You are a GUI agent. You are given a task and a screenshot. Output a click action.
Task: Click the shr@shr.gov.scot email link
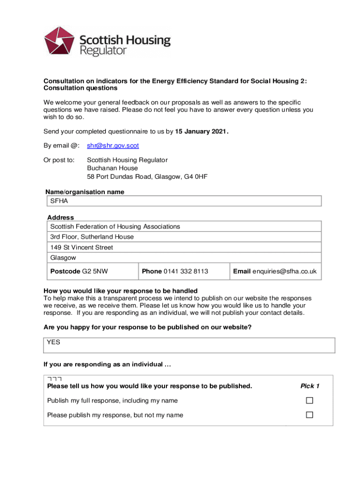pyautogui.click(x=113, y=145)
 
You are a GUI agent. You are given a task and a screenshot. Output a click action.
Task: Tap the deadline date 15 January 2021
pyautogui.click(x=202, y=131)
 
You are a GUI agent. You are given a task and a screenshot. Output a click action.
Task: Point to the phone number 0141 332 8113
pyautogui.click(x=186, y=271)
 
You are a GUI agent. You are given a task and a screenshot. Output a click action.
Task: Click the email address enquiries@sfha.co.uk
pyautogui.click(x=284, y=271)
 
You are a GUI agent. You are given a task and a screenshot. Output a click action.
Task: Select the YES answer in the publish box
pyautogui.click(x=53, y=342)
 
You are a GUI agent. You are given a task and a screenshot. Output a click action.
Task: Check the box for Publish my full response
pyautogui.click(x=309, y=400)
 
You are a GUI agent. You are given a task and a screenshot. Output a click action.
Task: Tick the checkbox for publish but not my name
pyautogui.click(x=309, y=415)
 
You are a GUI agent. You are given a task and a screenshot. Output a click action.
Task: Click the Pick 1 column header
pyautogui.click(x=310, y=386)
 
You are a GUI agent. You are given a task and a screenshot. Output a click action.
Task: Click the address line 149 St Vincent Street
pyautogui.click(x=81, y=247)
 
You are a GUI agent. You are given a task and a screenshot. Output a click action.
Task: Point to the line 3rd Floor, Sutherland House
pyautogui.click(x=92, y=237)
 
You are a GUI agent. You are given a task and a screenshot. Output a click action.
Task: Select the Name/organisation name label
pyautogui.click(x=85, y=192)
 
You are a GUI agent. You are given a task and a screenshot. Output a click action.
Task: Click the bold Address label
pyautogui.click(x=60, y=218)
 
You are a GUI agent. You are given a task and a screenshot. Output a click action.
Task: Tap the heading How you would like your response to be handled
pyautogui.click(x=120, y=290)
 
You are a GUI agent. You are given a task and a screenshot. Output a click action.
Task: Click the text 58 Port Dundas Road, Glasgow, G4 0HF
pyautogui.click(x=147, y=177)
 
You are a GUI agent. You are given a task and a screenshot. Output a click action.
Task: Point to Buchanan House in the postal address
pyautogui.click(x=112, y=168)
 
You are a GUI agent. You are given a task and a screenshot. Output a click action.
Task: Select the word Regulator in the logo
pyautogui.click(x=103, y=51)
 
